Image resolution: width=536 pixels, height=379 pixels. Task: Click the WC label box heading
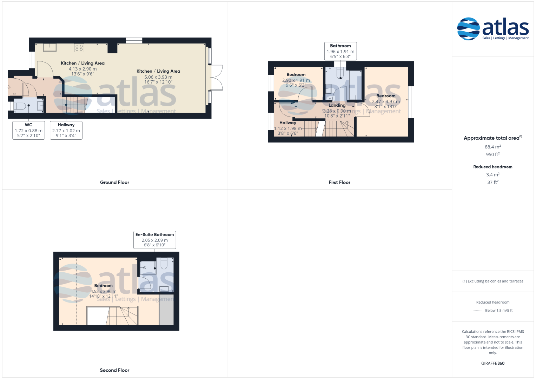[28, 125]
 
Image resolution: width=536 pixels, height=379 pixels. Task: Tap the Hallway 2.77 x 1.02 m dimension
[66, 131]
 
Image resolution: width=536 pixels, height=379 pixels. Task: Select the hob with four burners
[79, 48]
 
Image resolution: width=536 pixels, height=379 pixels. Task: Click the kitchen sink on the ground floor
[50, 47]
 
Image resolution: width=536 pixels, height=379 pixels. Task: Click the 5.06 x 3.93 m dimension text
[158, 77]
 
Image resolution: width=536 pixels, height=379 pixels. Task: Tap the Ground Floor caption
[115, 182]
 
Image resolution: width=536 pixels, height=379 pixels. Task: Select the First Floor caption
[339, 182]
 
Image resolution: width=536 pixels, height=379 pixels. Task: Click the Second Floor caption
[115, 370]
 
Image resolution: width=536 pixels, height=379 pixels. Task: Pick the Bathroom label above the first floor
[340, 46]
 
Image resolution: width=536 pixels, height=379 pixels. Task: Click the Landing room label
[337, 105]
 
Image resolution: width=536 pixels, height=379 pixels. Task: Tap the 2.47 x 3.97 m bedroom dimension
[386, 101]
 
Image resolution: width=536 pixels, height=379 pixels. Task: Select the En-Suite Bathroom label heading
[154, 234]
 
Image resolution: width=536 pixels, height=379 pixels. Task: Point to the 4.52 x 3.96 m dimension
[103, 291]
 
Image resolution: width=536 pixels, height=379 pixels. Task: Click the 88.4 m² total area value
[493, 147]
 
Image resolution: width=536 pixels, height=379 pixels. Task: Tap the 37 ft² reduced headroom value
[493, 182]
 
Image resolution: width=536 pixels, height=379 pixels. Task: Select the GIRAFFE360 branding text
[493, 363]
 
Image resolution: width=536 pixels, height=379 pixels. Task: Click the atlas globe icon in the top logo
[468, 29]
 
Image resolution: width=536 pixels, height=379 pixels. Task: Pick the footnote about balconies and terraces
[493, 281]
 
